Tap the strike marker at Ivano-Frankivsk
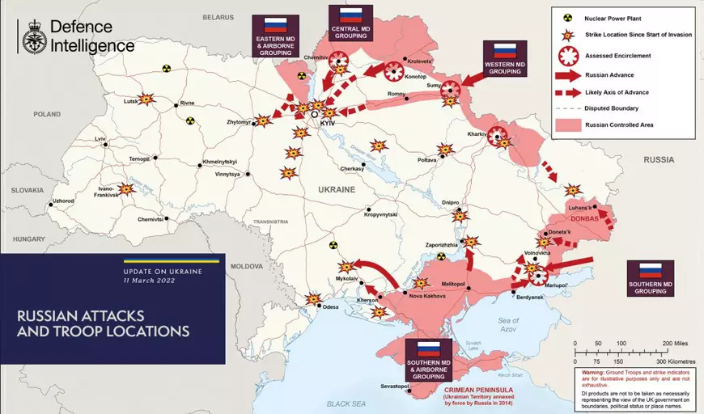point(126,189)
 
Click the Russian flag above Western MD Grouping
point(506,50)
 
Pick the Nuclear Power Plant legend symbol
point(568,16)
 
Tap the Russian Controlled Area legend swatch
point(568,125)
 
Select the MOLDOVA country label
point(247,266)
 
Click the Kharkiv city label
point(477,133)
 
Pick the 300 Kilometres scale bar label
point(676,361)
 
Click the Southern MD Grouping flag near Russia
point(651,270)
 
